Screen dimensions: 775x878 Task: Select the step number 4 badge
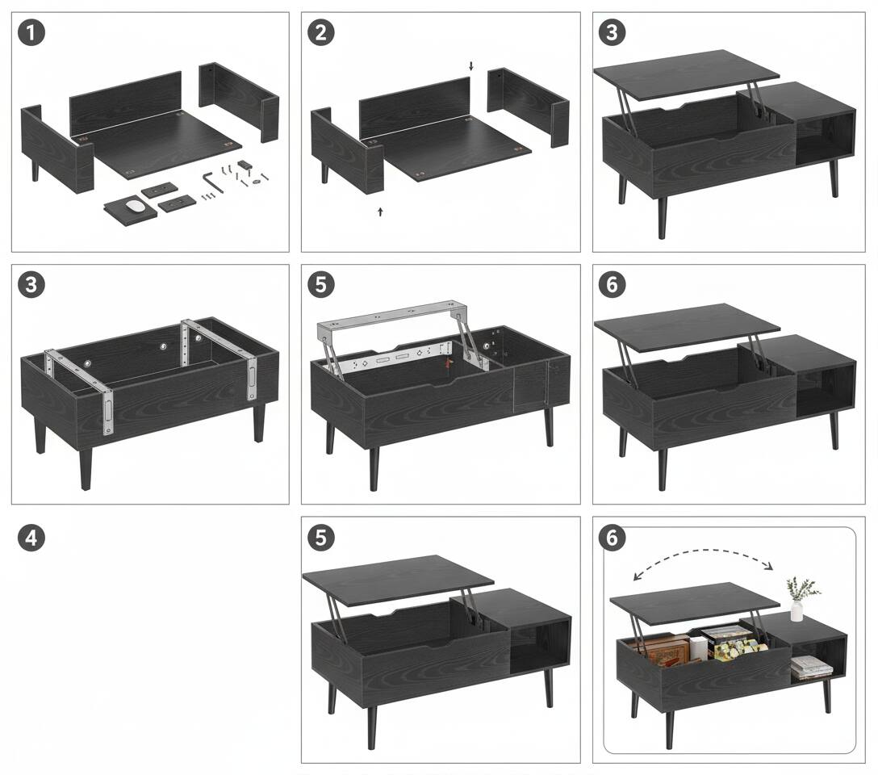point(31,538)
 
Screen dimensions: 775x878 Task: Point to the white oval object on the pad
point(136,206)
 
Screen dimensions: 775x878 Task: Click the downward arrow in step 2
point(472,65)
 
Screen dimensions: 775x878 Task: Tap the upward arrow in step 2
point(380,212)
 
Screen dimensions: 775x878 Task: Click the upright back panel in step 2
point(414,105)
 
